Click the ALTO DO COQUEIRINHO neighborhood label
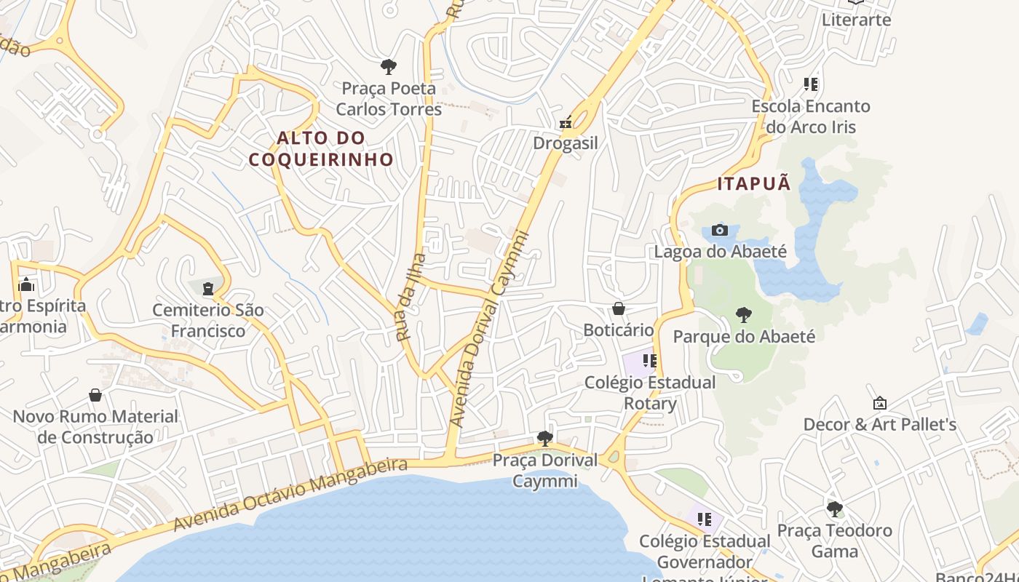pyautogui.click(x=321, y=148)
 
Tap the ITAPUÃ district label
pyautogui.click(x=754, y=183)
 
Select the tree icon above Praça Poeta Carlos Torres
pyautogui.click(x=389, y=67)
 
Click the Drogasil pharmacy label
pyautogui.click(x=566, y=143)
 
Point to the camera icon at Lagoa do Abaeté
pyautogui.click(x=720, y=231)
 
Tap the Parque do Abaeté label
pyautogui.click(x=744, y=337)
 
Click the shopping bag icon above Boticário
pyautogui.click(x=619, y=309)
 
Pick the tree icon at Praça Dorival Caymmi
pyautogui.click(x=544, y=438)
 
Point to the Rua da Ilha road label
pyautogui.click(x=411, y=297)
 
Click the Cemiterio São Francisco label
pyautogui.click(x=208, y=321)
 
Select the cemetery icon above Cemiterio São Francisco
pyautogui.click(x=209, y=289)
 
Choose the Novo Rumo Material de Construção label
pyautogui.click(x=95, y=427)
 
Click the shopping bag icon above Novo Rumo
pyautogui.click(x=95, y=395)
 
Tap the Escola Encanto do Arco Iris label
pyautogui.click(x=811, y=116)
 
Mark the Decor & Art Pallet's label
pyautogui.click(x=879, y=424)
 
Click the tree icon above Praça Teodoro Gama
pyautogui.click(x=835, y=509)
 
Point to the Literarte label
pyautogui.click(x=856, y=20)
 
